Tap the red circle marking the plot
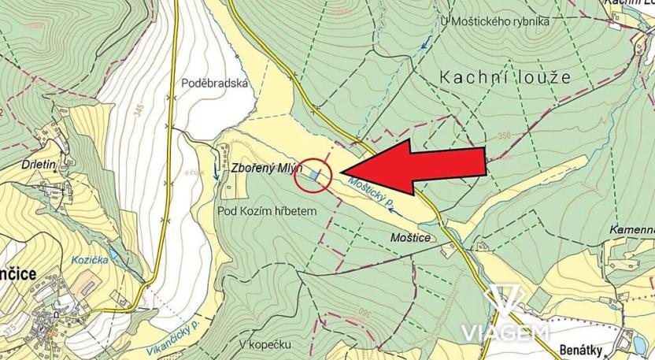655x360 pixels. (313, 175)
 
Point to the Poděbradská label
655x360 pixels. (214, 83)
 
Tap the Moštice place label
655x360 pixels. (409, 236)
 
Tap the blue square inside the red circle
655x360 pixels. (315, 175)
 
